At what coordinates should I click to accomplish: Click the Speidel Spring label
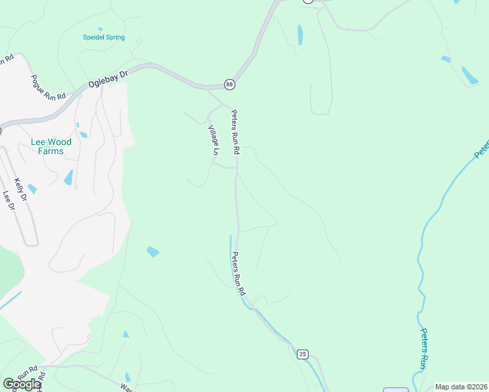pyautogui.click(x=104, y=37)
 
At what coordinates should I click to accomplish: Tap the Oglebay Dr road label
pyautogui.click(x=108, y=78)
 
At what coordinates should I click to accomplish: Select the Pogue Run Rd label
pyautogui.click(x=49, y=87)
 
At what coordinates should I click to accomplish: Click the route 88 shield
pyautogui.click(x=229, y=84)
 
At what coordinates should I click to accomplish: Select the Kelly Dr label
pyautogui.click(x=20, y=189)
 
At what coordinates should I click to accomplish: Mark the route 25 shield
pyautogui.click(x=302, y=354)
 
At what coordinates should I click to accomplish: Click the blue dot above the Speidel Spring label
pyautogui.click(x=100, y=29)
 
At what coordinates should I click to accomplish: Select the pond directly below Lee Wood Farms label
pyautogui.click(x=69, y=177)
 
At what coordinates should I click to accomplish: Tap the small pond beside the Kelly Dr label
pyautogui.click(x=32, y=189)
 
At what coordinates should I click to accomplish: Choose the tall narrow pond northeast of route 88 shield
pyautogui.click(x=300, y=35)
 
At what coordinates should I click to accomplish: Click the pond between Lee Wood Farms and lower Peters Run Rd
pyautogui.click(x=153, y=252)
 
